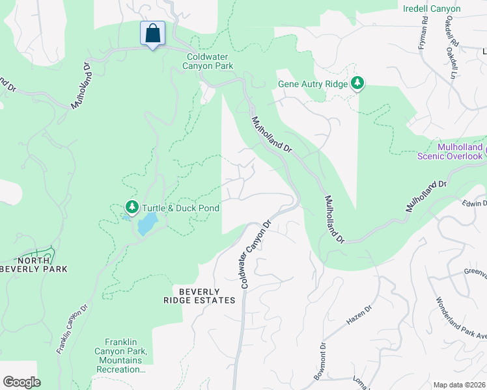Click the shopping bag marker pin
152,34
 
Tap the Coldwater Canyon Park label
208,62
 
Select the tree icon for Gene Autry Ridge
357,83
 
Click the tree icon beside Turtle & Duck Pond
132,207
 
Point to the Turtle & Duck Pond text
181,208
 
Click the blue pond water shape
146,225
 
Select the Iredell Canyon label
431,9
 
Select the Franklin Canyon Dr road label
71,330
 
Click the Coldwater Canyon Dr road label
255,254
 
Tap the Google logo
21,382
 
